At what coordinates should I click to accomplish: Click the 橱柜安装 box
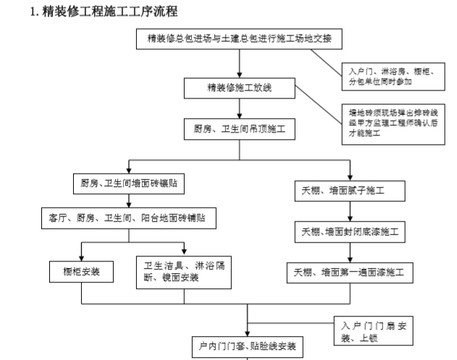point(81,272)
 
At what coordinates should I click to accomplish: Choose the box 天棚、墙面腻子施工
point(350,191)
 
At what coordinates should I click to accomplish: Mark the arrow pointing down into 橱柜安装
point(81,251)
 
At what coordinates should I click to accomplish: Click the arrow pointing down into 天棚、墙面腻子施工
point(350,172)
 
